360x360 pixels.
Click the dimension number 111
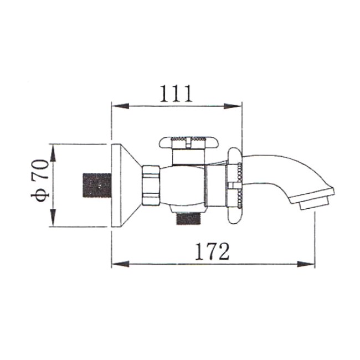click(x=176, y=94)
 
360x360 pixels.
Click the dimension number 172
click(x=212, y=251)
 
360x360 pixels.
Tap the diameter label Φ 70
click(x=39, y=180)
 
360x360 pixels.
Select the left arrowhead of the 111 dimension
click(x=120, y=106)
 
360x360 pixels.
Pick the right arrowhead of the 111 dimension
click(x=233, y=106)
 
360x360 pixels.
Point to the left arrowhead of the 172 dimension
click(x=121, y=264)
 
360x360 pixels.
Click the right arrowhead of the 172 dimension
click(x=306, y=264)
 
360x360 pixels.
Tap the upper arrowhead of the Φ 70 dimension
click(x=53, y=153)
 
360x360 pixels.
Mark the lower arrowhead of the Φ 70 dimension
click(x=53, y=218)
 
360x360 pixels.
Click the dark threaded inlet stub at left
click(x=97, y=185)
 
